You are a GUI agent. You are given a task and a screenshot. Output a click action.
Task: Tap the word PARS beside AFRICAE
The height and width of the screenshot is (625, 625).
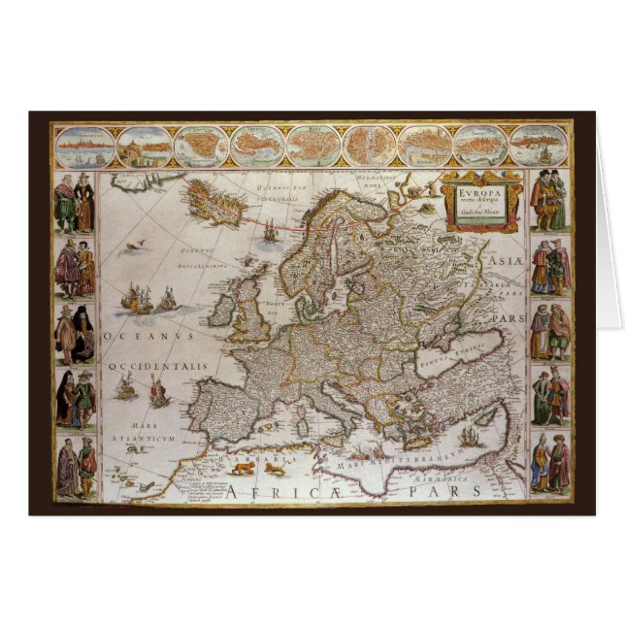(x=455, y=491)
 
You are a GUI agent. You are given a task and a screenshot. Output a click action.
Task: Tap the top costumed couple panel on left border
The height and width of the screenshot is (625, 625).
(x=74, y=202)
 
